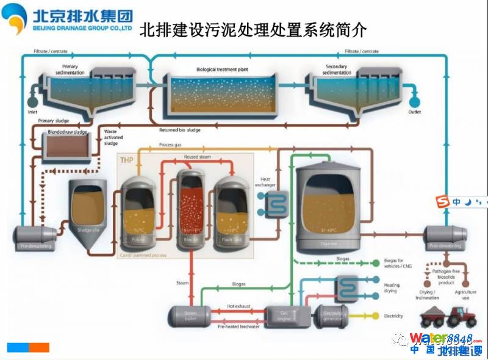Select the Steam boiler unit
pyautogui.click(x=188, y=315)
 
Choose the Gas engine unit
pyautogui.click(x=284, y=315)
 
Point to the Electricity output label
pyautogui.click(x=393, y=316)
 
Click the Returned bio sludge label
pyautogui.click(x=180, y=130)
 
